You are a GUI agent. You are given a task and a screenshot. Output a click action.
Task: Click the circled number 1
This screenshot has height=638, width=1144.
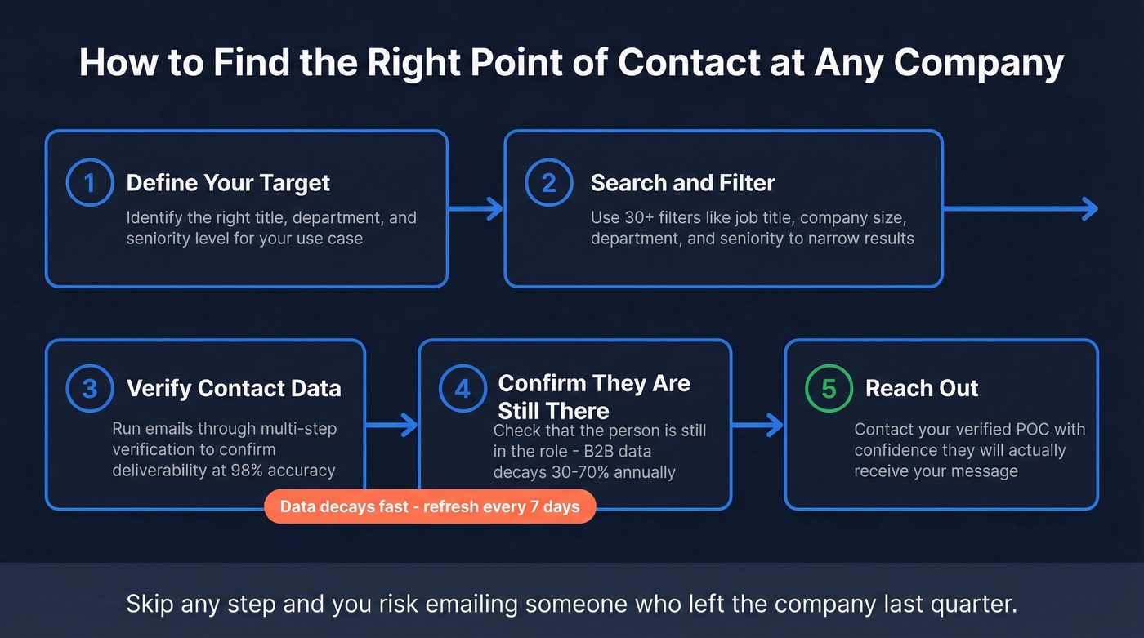click(x=89, y=182)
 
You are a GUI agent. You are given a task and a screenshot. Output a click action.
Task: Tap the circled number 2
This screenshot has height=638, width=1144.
click(x=548, y=182)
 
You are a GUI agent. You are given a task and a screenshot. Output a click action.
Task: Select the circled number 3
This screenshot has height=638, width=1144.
click(x=89, y=388)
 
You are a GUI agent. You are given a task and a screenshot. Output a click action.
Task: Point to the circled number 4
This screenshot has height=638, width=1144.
click(x=463, y=388)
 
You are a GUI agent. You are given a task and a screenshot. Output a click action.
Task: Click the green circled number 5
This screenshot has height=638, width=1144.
click(x=829, y=388)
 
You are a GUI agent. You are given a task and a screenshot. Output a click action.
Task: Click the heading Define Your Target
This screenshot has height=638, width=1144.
click(x=228, y=182)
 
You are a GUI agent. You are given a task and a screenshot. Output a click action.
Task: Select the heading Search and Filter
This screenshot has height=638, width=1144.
click(x=682, y=182)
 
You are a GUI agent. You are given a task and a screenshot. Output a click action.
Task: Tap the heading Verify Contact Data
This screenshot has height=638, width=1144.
click(x=234, y=388)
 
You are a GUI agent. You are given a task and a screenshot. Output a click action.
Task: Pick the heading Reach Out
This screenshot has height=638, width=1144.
click(x=922, y=388)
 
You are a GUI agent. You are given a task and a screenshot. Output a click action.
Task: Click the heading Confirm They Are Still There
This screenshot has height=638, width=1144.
click(x=594, y=396)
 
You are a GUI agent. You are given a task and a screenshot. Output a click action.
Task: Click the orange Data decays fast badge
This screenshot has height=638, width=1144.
click(x=430, y=506)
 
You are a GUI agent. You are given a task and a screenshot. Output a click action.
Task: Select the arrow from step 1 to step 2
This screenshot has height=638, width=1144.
click(x=476, y=209)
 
